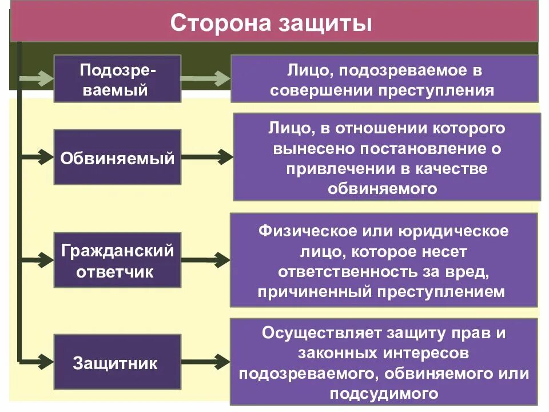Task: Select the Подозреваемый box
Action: [117, 78]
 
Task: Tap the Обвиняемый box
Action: [117, 157]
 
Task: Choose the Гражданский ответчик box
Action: [117, 260]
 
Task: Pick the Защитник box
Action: [117, 363]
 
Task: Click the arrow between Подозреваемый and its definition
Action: [206, 78]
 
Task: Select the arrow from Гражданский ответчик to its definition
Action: [206, 259]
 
